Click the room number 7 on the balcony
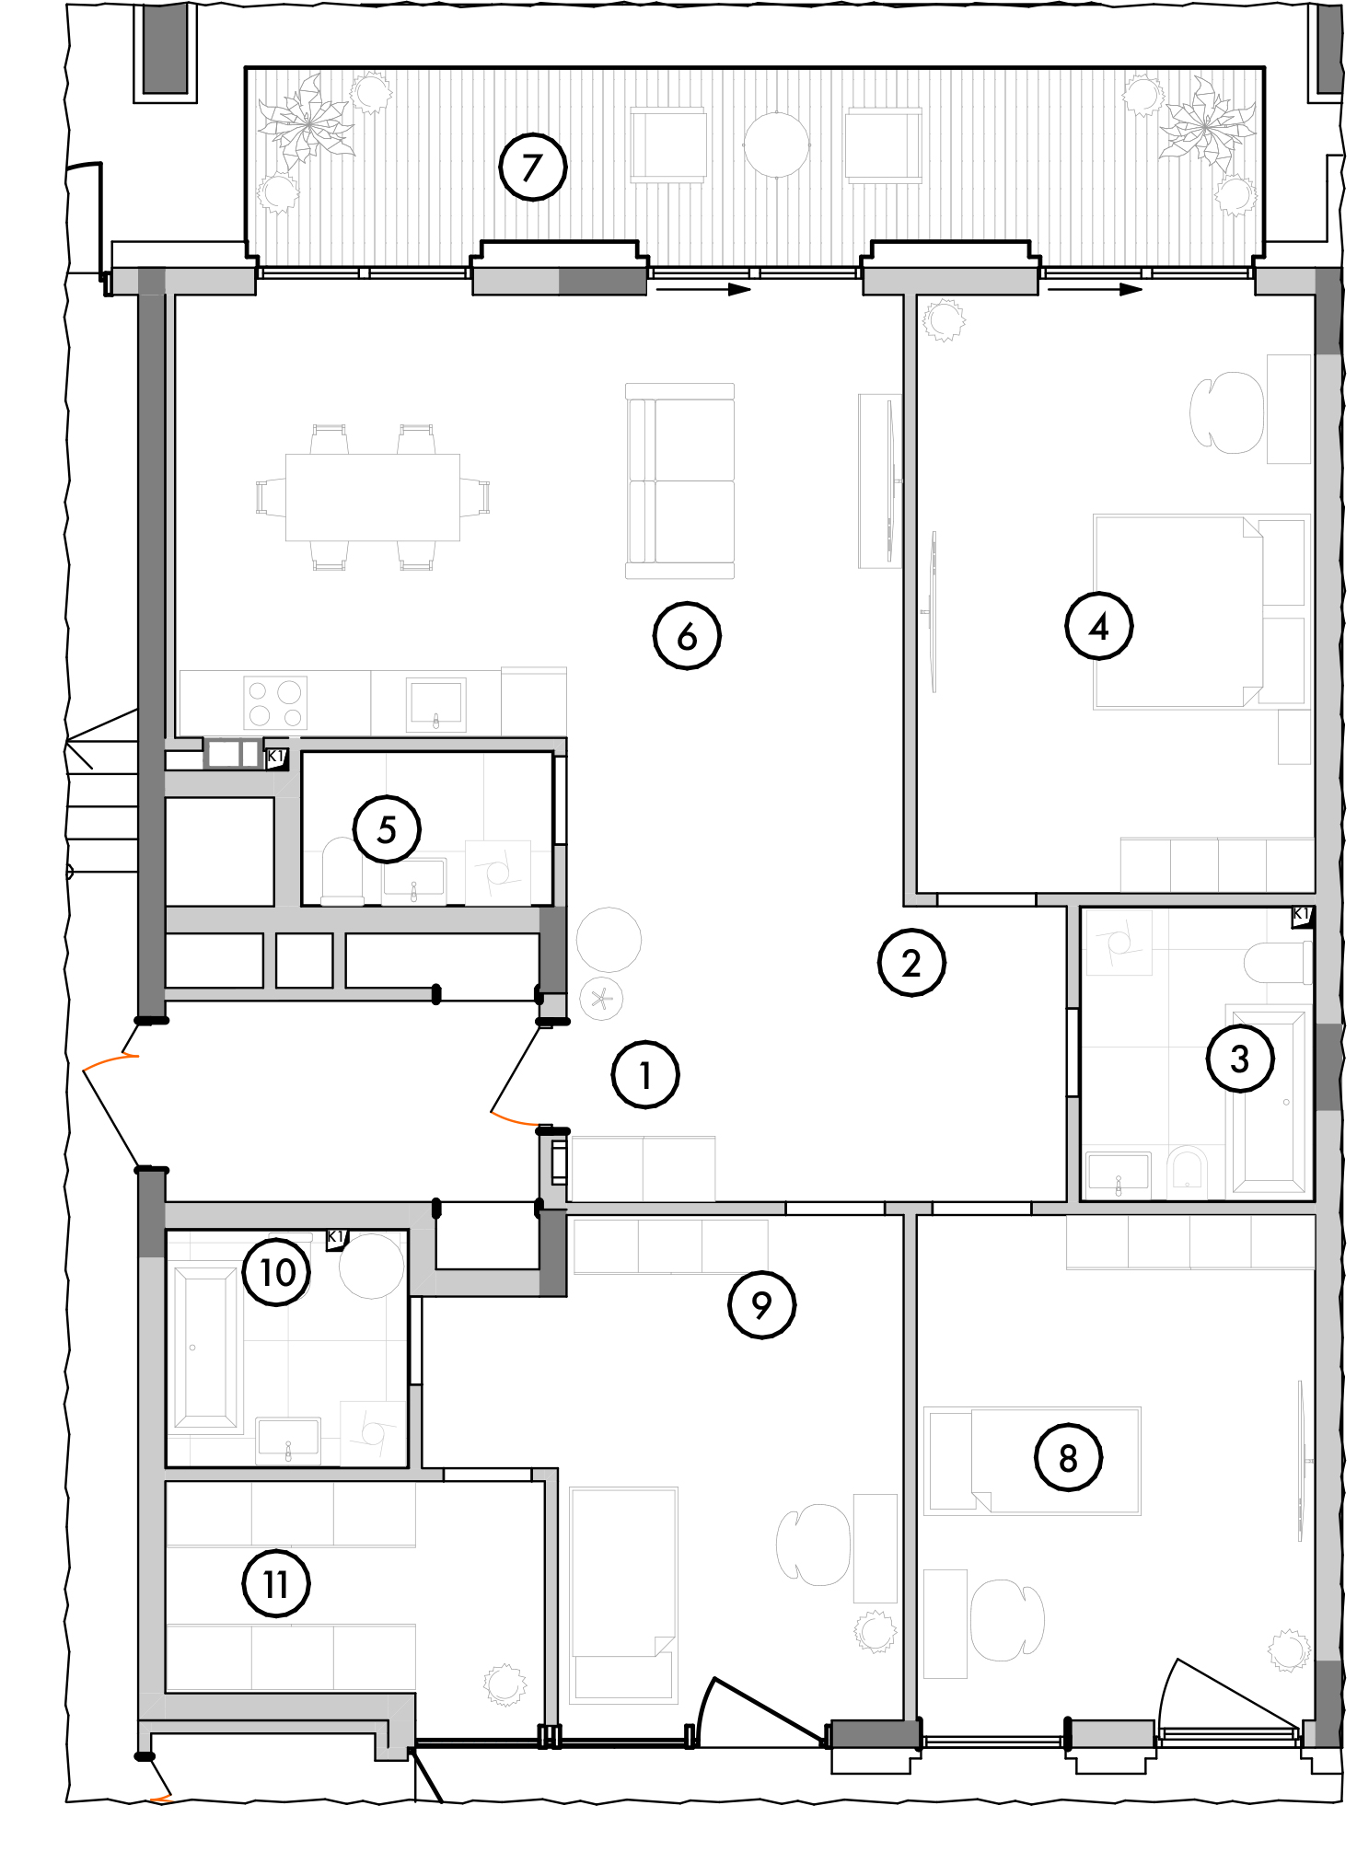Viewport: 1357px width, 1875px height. pyautogui.click(x=532, y=168)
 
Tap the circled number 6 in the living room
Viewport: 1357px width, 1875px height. pyautogui.click(x=687, y=636)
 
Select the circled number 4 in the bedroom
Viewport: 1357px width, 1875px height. pyautogui.click(x=1098, y=627)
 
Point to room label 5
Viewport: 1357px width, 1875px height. pyautogui.click(x=387, y=829)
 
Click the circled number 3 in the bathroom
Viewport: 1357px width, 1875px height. pyautogui.click(x=1240, y=1059)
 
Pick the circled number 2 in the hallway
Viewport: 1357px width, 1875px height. pyautogui.click(x=911, y=963)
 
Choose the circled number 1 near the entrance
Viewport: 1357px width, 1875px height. pyautogui.click(x=645, y=1075)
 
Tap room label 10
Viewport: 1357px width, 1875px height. pyautogui.click(x=277, y=1272)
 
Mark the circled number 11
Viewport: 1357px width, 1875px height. pyautogui.click(x=276, y=1584)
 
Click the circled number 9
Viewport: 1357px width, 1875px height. pyautogui.click(x=761, y=1304)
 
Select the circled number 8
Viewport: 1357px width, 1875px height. pyautogui.click(x=1068, y=1457)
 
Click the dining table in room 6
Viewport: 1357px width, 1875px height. pyautogui.click(x=372, y=497)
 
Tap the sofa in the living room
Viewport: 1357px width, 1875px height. pyautogui.click(x=680, y=480)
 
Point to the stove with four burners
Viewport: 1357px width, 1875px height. pyautogui.click(x=275, y=703)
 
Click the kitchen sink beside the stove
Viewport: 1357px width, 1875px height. pyautogui.click(x=435, y=704)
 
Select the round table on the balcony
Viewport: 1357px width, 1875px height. pyautogui.click(x=776, y=145)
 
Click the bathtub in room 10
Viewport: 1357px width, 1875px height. pyautogui.click(x=204, y=1347)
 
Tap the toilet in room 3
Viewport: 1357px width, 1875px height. pyautogui.click(x=1278, y=963)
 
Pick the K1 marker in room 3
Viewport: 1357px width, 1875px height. pyautogui.click(x=1302, y=916)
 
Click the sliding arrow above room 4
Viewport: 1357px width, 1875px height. pyautogui.click(x=1095, y=289)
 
